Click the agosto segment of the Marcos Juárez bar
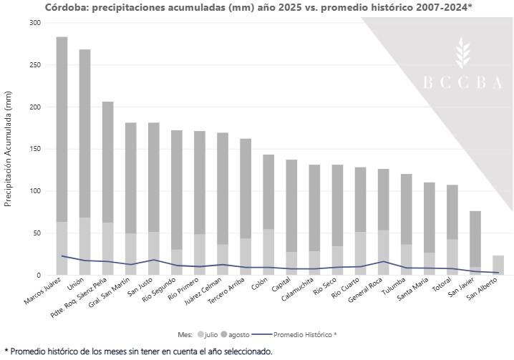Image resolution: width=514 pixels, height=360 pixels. (62, 129)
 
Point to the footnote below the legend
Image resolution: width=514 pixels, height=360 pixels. (138, 351)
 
